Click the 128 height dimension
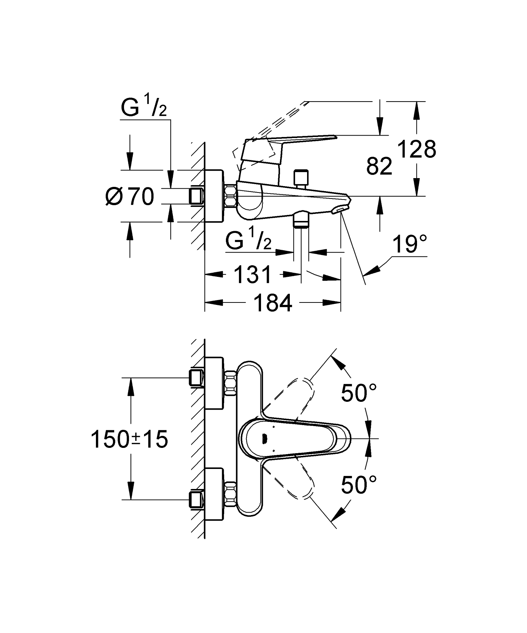(x=417, y=150)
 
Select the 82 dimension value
(x=379, y=166)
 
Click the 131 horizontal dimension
(x=253, y=275)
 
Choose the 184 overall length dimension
(x=273, y=303)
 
